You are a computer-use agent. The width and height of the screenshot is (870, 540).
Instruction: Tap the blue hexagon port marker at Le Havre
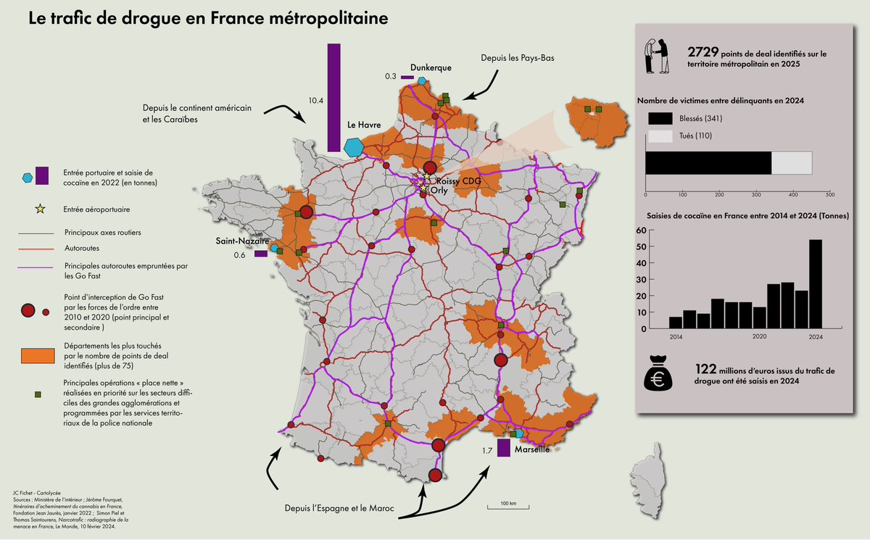pos(354,146)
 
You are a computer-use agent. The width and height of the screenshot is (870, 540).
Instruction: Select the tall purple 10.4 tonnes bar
pos(333,98)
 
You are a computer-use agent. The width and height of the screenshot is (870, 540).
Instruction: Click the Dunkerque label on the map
pos(431,67)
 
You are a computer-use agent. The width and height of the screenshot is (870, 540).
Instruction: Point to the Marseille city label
pos(531,449)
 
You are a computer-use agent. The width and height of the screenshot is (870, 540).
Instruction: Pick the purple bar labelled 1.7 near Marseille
pos(503,448)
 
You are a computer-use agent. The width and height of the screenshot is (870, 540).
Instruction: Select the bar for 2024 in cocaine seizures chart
pos(816,284)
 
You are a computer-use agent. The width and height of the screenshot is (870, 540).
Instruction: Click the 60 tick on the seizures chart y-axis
pos(641,230)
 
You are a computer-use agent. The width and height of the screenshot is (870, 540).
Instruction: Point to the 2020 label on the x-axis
pos(760,337)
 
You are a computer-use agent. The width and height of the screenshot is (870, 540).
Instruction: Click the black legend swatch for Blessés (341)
pos(663,118)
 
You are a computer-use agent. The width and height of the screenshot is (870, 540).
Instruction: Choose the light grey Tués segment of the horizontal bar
pos(792,163)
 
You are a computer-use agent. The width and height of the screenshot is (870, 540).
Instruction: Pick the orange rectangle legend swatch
pos(39,356)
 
